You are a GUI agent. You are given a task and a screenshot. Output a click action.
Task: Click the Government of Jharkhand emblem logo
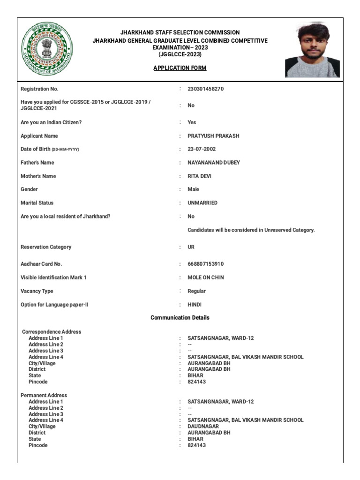(46, 49)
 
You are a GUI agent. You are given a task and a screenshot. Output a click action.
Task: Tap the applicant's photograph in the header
(312, 49)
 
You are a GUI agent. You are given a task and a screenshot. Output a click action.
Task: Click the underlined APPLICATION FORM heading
(180, 68)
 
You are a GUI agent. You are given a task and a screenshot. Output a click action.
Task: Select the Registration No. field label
(39, 89)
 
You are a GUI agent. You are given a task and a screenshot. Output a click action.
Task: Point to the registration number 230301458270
(206, 89)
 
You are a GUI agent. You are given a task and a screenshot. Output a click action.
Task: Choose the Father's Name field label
(37, 163)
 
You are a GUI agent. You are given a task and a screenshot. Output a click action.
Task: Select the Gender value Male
(193, 189)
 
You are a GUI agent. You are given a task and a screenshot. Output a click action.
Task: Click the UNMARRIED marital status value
(202, 203)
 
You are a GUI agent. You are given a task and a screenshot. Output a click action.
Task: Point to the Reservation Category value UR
(191, 247)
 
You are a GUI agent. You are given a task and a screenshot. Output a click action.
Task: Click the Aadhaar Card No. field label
(41, 264)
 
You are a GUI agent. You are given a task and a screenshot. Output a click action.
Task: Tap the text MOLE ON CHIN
(206, 277)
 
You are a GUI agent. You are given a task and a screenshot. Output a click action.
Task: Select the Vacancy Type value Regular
(197, 291)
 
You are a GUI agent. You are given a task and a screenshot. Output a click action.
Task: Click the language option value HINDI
(195, 305)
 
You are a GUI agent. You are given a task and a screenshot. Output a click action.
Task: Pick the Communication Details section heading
(180, 318)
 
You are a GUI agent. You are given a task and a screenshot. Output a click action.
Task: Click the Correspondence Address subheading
(52, 332)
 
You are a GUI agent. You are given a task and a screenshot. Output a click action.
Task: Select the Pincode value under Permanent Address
(197, 445)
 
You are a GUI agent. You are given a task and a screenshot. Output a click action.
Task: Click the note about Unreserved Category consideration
(251, 230)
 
